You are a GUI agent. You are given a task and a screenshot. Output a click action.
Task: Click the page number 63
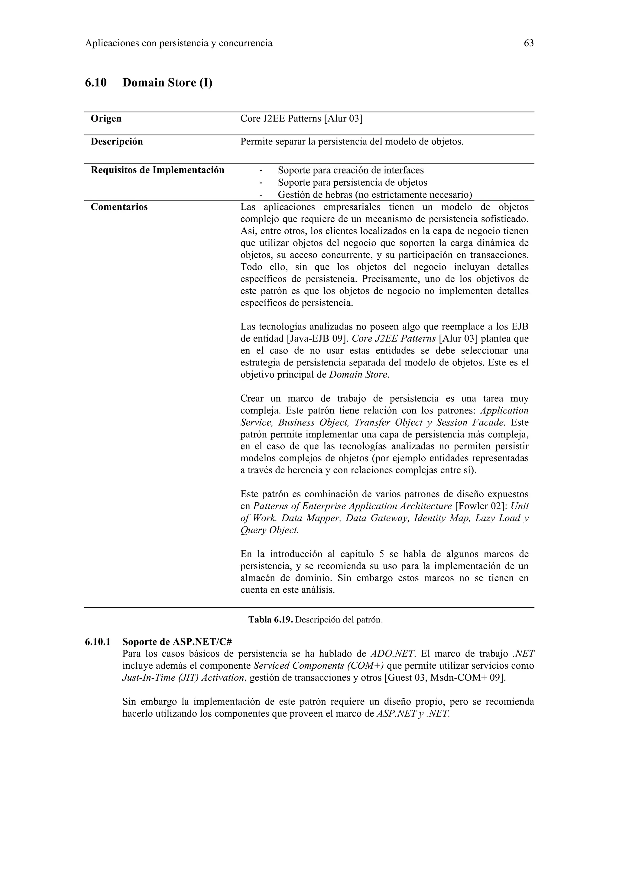(529, 44)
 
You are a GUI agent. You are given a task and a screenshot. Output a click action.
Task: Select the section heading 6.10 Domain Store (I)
(148, 83)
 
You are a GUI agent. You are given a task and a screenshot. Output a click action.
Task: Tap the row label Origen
(106, 119)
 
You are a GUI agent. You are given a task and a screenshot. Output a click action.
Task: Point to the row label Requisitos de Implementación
(157, 170)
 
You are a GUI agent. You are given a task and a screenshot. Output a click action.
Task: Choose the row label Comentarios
(119, 207)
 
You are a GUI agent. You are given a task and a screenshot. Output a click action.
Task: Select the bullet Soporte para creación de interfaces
(351, 170)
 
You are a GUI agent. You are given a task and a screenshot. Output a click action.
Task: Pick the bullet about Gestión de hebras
(374, 195)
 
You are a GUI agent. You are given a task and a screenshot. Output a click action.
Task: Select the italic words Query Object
(269, 530)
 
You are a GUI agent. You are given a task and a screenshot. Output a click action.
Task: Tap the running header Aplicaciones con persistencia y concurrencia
(179, 44)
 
